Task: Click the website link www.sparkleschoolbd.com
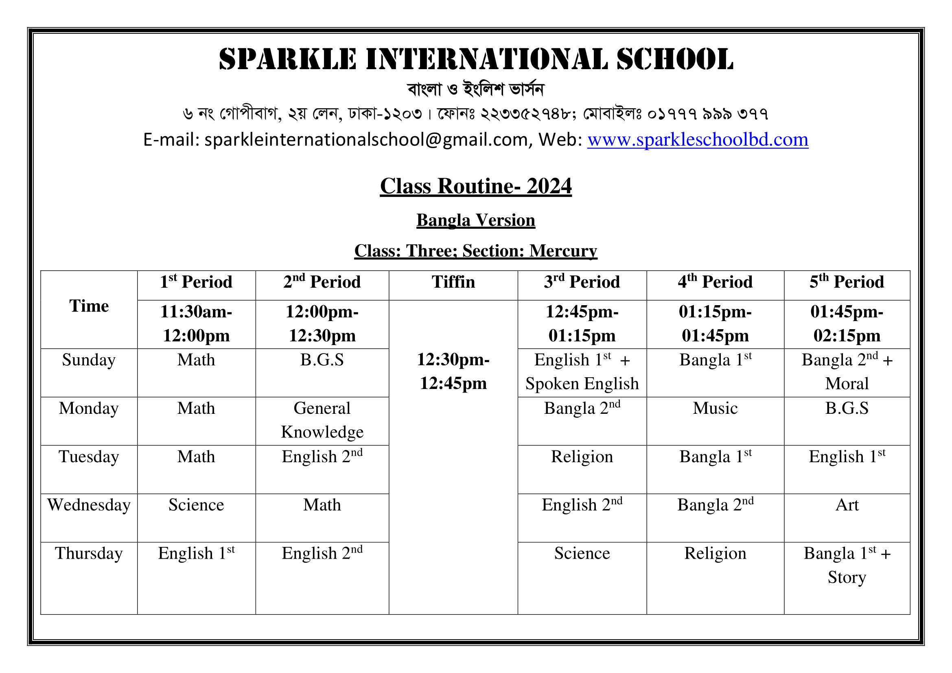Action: tap(698, 140)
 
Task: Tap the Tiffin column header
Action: tap(453, 282)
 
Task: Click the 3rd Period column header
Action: tap(582, 282)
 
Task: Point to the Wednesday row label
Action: tap(89, 505)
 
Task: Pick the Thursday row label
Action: tap(89, 553)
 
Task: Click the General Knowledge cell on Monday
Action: tap(322, 420)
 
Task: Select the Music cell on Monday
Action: tap(715, 409)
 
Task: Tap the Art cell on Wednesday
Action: tap(847, 505)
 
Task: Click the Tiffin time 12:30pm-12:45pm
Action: tap(453, 371)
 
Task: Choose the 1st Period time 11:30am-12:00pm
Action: tap(196, 323)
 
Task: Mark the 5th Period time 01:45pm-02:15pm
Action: tap(847, 323)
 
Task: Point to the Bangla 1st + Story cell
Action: tap(847, 565)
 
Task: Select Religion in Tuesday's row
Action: tap(582, 457)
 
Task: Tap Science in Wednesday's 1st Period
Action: tap(196, 505)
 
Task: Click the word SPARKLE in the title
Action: tap(287, 59)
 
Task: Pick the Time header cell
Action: tap(89, 306)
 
